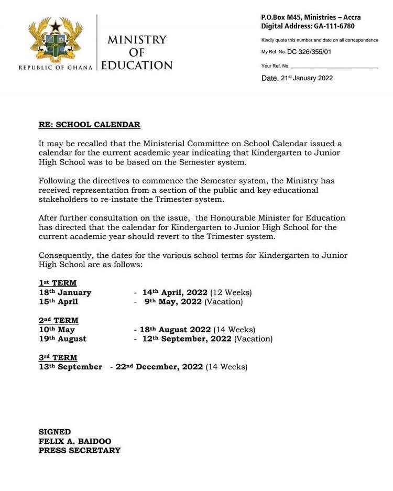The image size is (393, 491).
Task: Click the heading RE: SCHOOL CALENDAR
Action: (90, 125)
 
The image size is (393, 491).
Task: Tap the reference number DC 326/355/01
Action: (309, 52)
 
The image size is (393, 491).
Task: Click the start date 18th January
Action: (65, 292)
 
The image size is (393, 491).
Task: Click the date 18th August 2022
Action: (175, 330)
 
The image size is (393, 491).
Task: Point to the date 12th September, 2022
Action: (187, 339)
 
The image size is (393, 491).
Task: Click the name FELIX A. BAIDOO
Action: (75, 441)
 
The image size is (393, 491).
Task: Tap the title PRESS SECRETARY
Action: (80, 451)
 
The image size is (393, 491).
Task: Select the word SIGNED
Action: (54, 432)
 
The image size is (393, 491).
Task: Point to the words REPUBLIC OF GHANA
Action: (56, 67)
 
